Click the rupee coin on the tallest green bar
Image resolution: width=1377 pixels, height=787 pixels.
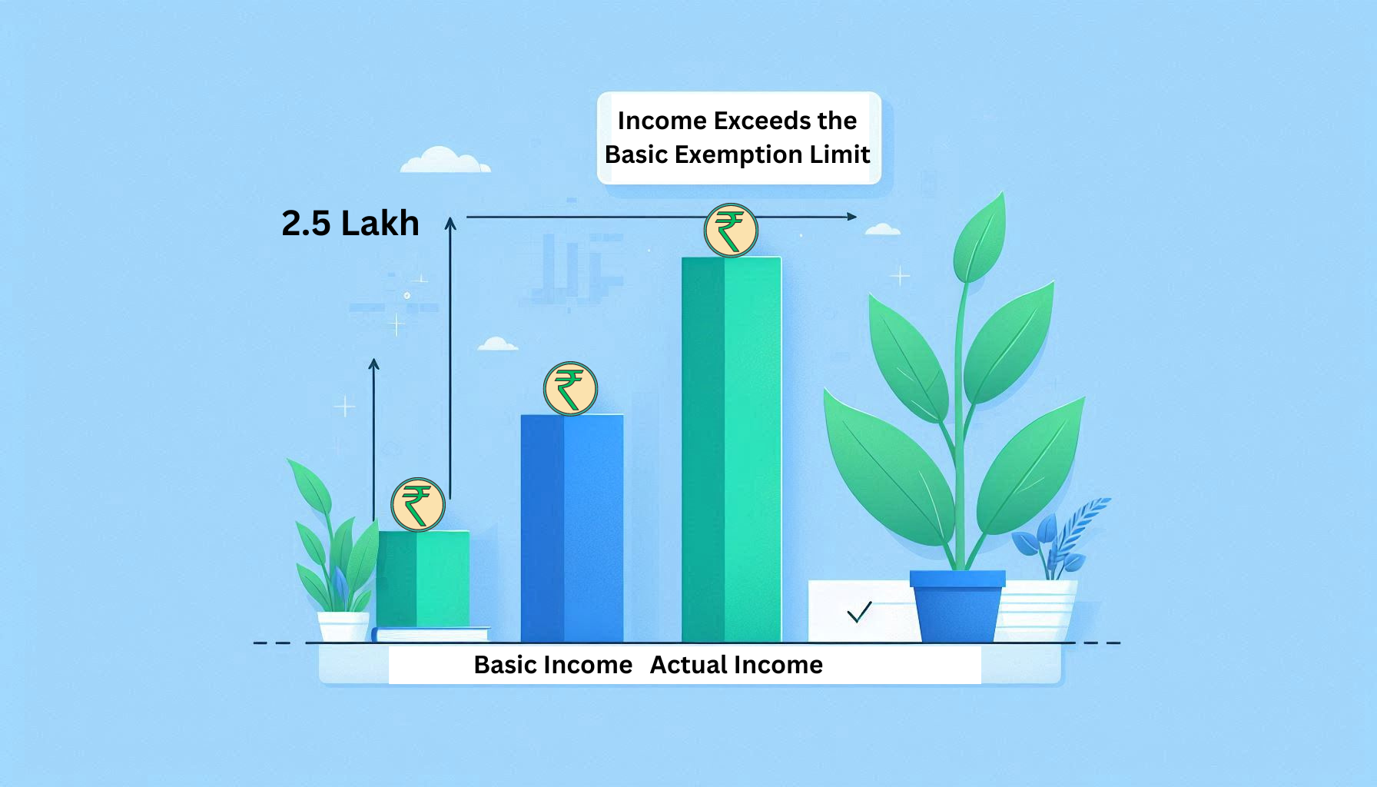click(731, 230)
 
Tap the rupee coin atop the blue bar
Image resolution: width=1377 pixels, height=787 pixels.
click(570, 388)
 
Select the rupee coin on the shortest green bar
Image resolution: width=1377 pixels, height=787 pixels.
click(418, 505)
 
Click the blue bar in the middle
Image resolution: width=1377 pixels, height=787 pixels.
click(572, 528)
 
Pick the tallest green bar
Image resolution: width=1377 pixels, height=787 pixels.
click(732, 450)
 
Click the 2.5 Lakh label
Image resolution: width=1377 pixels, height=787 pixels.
click(350, 223)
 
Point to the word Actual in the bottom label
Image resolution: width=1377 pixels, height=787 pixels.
click(687, 665)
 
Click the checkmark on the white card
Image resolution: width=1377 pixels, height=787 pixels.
click(859, 612)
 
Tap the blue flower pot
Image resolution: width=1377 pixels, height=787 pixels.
click(957, 606)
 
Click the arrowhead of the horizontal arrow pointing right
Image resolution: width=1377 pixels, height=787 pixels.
click(852, 217)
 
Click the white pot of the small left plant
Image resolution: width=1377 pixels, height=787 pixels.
click(343, 626)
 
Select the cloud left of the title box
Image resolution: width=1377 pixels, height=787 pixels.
click(445, 160)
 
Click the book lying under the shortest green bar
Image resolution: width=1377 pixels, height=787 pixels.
click(430, 635)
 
